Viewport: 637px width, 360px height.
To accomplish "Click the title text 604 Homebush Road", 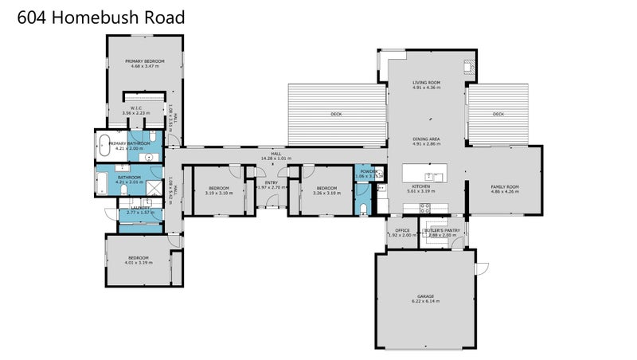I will point(101,18).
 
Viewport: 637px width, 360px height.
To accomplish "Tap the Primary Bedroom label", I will point(144,61).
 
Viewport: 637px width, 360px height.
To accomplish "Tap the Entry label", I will point(272,182).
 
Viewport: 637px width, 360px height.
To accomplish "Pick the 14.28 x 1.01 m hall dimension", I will point(276,158).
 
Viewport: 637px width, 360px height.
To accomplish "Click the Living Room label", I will point(426,82).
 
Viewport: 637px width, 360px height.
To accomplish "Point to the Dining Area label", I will point(426,139).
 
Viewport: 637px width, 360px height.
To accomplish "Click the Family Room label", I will point(504,186).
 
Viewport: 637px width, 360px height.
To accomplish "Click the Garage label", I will point(426,296).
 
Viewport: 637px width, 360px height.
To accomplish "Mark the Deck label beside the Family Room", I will point(498,114).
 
